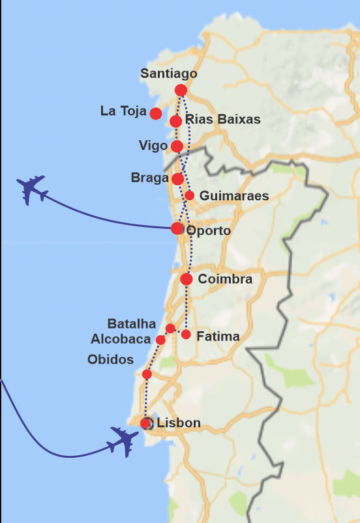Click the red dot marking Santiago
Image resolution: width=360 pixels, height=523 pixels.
click(x=181, y=90)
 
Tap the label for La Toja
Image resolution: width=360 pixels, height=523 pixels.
click(x=123, y=112)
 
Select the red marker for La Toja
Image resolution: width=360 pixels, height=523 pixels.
click(x=156, y=113)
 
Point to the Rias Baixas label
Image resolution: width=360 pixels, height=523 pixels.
click(x=222, y=119)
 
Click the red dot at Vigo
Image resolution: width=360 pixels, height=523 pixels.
click(x=177, y=146)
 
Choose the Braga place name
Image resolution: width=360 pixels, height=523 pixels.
click(x=149, y=177)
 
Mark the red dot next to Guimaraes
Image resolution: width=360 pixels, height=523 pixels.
click(x=189, y=195)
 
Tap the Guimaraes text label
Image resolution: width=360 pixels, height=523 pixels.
click(x=234, y=196)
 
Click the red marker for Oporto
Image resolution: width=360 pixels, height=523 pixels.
click(x=177, y=228)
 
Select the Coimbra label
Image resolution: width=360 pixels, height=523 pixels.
click(x=225, y=279)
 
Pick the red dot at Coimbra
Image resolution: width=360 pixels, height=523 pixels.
click(x=187, y=279)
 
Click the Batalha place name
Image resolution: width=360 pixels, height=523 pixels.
click(x=132, y=324)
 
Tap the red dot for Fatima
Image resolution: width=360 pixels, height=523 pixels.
click(x=186, y=335)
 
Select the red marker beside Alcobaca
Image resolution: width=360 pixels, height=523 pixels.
click(x=160, y=340)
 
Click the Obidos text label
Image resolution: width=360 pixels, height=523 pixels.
click(x=110, y=360)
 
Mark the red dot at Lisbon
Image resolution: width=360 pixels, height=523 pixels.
click(x=145, y=423)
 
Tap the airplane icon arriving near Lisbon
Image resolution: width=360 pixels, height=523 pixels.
click(x=125, y=441)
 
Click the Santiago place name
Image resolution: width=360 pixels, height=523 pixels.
click(x=168, y=74)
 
